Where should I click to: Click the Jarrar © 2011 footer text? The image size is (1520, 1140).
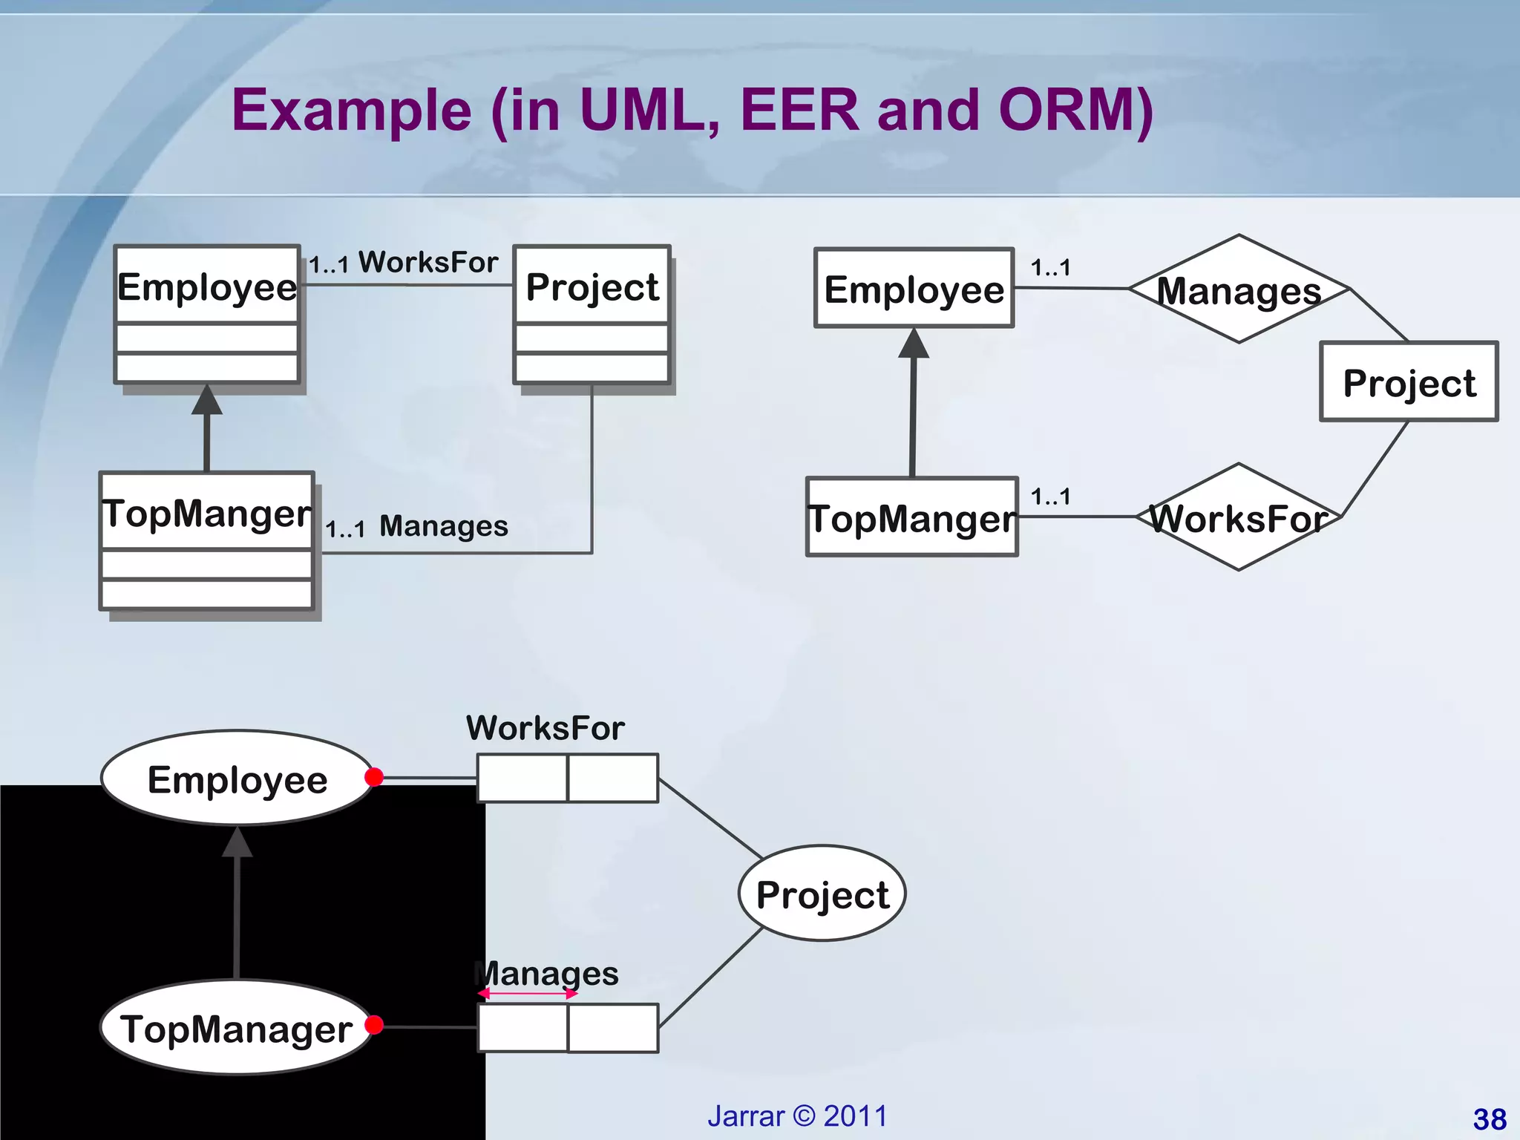click(797, 1116)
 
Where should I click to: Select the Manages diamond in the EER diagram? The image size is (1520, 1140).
click(1238, 289)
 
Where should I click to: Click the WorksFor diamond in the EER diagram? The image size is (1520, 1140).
click(1238, 517)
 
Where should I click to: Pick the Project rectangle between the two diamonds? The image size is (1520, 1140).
click(1408, 382)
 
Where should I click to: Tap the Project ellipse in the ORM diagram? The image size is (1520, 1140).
click(822, 894)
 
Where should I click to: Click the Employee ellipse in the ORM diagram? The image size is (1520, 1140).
click(237, 779)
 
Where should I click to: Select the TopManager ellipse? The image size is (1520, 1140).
click(236, 1028)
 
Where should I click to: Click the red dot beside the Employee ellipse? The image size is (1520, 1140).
click(374, 777)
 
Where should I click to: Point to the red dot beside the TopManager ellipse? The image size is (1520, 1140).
click(374, 1025)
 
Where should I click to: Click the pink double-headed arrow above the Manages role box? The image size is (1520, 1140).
click(527, 994)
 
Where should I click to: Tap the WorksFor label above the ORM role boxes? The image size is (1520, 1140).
click(545, 728)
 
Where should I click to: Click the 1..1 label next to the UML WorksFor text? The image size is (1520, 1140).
click(328, 265)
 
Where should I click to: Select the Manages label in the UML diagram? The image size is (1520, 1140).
click(443, 526)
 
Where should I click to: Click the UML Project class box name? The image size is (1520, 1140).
click(592, 286)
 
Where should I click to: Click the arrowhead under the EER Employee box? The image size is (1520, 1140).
click(914, 344)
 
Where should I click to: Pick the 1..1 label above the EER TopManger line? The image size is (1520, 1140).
click(1050, 497)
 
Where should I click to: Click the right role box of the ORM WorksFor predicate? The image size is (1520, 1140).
click(613, 778)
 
